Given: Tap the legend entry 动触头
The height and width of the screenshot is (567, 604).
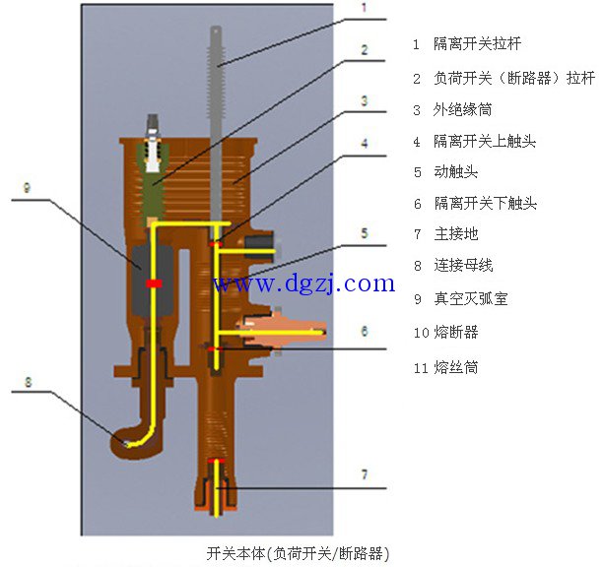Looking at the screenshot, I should click(455, 171).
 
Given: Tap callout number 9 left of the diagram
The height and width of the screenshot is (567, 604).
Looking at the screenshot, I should click(27, 187).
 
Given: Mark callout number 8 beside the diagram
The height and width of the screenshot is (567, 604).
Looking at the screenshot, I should click(29, 379).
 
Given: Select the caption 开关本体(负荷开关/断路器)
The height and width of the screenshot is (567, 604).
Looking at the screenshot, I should click(291, 553).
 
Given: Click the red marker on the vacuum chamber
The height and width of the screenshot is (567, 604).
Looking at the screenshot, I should click(153, 283).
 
